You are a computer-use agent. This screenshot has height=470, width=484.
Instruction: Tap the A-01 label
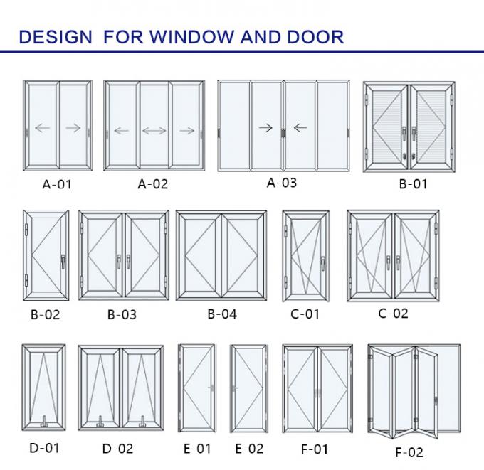(57, 185)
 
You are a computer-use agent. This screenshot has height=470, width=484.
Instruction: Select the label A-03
(281, 183)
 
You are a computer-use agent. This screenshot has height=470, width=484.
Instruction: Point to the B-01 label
(413, 185)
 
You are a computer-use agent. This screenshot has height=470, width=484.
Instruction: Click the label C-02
(394, 313)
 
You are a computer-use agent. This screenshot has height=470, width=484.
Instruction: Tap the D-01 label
(44, 447)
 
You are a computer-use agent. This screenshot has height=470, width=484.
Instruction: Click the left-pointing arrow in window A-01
(42, 129)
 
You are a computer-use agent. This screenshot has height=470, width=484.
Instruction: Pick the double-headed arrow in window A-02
(154, 131)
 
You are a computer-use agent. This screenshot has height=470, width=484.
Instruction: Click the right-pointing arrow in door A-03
(265, 128)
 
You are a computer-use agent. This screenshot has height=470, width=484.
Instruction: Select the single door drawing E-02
(248, 389)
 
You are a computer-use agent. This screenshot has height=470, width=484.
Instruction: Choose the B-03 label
(122, 314)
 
